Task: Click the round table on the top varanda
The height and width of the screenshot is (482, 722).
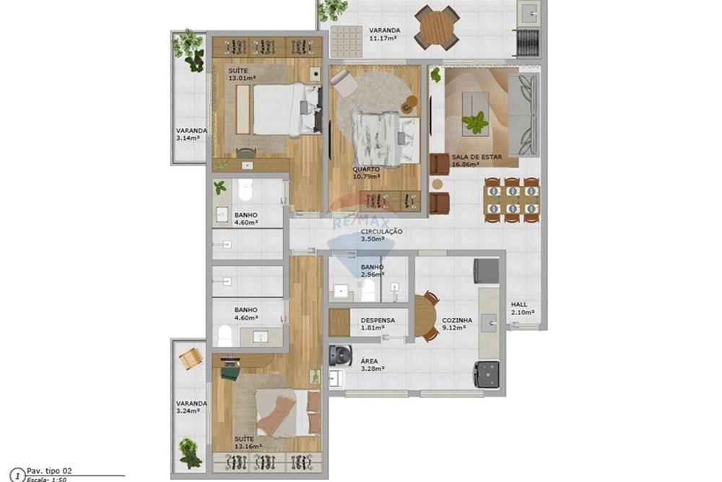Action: pos(437,27)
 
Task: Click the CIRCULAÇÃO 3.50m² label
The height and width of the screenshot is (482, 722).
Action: pos(382,235)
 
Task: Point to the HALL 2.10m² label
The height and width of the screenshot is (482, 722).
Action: pos(523,309)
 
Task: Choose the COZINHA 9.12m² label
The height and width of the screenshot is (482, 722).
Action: pos(457,323)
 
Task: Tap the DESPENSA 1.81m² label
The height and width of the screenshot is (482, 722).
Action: pos(378,323)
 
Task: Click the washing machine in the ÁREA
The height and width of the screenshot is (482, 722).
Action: pos(340,356)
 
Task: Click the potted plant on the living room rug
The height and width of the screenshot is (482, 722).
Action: pos(475,122)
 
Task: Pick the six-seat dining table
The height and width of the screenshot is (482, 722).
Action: pos(512,199)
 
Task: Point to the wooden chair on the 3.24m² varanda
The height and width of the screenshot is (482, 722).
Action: pos(190,358)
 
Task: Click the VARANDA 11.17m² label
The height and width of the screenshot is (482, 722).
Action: pos(384,34)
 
